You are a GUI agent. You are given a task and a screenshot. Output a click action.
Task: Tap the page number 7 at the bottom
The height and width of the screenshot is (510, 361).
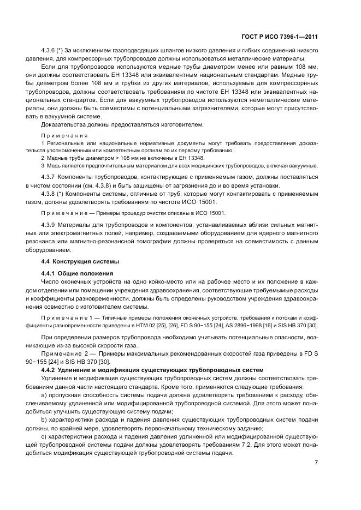point(316,464)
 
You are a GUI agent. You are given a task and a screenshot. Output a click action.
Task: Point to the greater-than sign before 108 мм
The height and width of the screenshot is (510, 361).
point(92,157)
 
